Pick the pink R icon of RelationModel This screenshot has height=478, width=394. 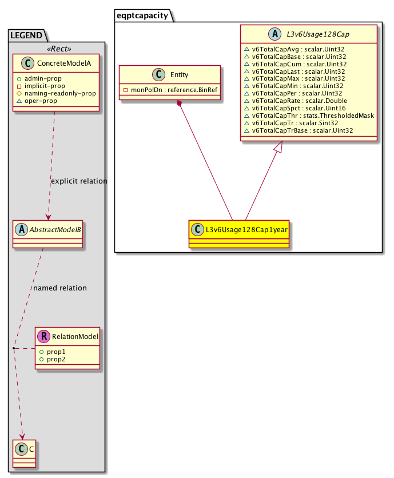pyautogui.click(x=45, y=337)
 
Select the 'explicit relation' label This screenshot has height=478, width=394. pyautogui.click(x=79, y=181)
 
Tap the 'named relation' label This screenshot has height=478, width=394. pyautogui.click(x=60, y=288)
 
